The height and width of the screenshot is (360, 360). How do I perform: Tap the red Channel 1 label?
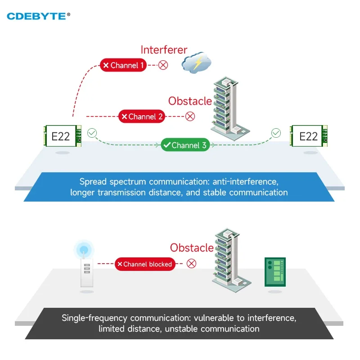(123, 65)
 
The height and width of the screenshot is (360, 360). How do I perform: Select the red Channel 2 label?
(142, 117)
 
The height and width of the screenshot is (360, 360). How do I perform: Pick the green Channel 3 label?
(185, 145)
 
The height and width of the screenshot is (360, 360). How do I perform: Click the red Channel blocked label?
(144, 264)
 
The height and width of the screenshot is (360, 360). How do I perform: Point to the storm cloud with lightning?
(196, 63)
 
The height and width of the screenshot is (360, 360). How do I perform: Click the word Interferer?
(164, 49)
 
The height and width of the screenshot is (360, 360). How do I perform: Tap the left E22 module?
(62, 136)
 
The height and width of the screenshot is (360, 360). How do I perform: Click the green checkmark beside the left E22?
(92, 133)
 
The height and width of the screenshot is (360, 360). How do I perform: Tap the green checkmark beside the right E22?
(276, 133)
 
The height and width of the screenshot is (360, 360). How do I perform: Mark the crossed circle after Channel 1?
(163, 65)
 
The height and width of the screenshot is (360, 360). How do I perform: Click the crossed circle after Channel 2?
(190, 117)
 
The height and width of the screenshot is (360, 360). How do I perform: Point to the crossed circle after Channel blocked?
(192, 264)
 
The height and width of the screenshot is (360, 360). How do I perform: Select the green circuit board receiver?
(274, 272)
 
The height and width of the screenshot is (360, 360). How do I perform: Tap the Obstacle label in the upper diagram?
(190, 101)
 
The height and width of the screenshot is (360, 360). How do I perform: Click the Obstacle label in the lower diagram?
(192, 247)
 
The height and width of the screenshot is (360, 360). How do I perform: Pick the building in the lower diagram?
(229, 259)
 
